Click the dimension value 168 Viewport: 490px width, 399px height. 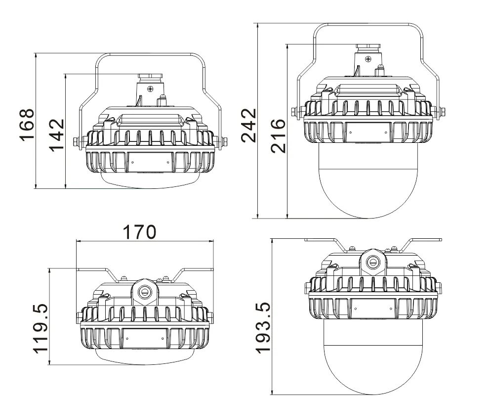click(27, 124)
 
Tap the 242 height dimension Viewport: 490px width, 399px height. click(250, 125)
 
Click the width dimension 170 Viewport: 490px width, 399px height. click(139, 231)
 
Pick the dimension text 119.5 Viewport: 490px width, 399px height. click(41, 328)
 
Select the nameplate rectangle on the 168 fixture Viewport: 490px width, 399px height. click(151, 162)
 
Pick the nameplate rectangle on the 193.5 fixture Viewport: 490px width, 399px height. click(373, 309)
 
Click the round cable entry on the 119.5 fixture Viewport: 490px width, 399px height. click(145, 291)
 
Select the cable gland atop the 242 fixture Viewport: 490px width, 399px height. click(367, 47)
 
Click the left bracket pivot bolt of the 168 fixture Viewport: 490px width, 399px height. click(77, 142)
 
